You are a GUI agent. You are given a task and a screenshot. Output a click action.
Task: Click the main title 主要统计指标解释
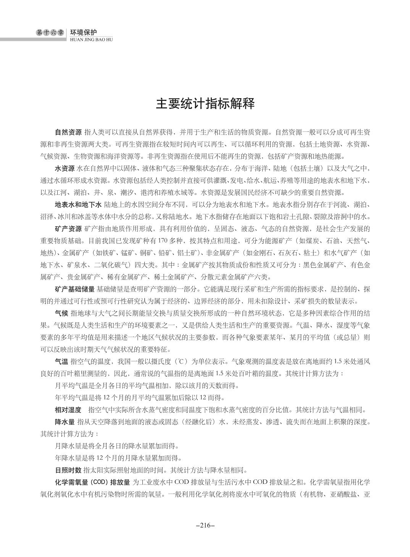(205, 104)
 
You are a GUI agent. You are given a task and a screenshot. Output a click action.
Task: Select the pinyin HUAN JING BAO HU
(92, 39)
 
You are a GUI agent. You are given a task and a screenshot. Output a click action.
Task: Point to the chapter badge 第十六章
(50, 33)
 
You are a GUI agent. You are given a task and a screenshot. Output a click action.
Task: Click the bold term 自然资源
(68, 133)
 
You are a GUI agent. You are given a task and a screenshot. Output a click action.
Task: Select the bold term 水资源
(65, 168)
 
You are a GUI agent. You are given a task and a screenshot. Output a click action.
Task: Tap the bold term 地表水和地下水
(78, 204)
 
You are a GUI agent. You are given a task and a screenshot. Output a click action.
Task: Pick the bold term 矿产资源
(68, 229)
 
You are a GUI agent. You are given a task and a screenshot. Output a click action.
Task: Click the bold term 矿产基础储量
(75, 289)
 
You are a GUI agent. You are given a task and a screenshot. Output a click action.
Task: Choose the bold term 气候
(62, 313)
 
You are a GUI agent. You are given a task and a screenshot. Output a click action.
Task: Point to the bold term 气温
(62, 361)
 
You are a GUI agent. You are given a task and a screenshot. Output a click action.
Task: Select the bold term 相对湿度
(68, 410)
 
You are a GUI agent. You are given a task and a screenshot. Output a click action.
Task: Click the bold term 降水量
(65, 422)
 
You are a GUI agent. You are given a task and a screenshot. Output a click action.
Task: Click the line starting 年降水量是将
(118, 458)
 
